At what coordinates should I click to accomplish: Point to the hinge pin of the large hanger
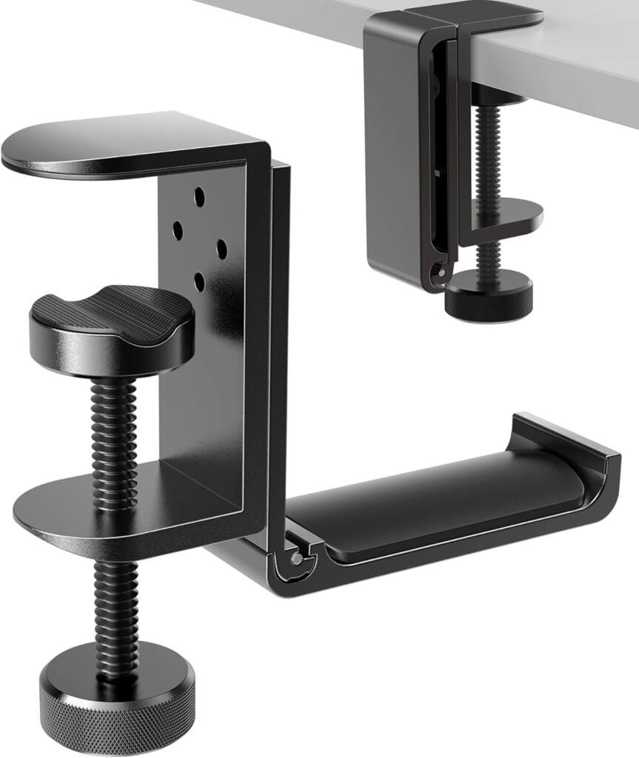click(x=296, y=559)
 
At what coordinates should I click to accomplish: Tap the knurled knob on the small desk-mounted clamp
click(x=488, y=296)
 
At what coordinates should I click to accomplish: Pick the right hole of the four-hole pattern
click(x=221, y=249)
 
